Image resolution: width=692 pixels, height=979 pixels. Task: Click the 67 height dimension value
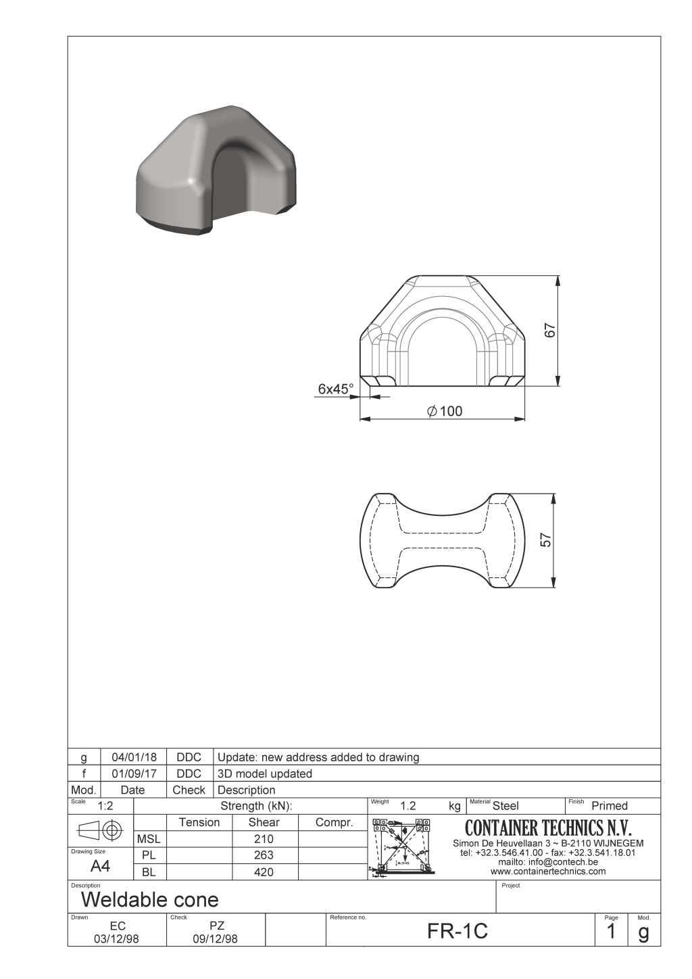click(x=550, y=331)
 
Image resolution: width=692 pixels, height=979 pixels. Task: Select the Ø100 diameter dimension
click(x=445, y=411)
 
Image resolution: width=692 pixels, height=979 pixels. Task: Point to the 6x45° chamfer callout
click(x=336, y=389)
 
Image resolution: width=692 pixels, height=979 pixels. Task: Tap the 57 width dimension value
click(x=546, y=540)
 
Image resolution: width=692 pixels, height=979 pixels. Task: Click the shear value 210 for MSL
click(x=264, y=839)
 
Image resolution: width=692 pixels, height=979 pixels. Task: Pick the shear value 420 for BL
click(x=264, y=872)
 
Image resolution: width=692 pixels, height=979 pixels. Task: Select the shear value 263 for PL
click(x=264, y=855)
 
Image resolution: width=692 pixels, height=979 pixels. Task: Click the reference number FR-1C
click(x=458, y=932)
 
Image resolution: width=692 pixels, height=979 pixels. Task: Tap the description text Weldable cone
click(x=150, y=900)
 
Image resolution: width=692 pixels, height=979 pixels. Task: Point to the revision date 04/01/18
click(x=134, y=757)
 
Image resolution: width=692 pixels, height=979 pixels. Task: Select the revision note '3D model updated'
click(x=265, y=773)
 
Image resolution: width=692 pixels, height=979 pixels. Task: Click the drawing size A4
click(x=100, y=867)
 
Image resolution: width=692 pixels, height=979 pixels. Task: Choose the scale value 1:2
click(x=105, y=806)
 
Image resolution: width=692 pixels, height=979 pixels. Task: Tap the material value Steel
click(x=505, y=806)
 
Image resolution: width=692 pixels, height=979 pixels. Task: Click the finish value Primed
click(x=610, y=806)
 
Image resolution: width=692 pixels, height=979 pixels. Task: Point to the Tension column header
click(x=199, y=823)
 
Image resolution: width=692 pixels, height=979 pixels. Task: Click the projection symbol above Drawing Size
click(x=101, y=830)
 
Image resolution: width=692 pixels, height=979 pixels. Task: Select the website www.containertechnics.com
click(x=548, y=871)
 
